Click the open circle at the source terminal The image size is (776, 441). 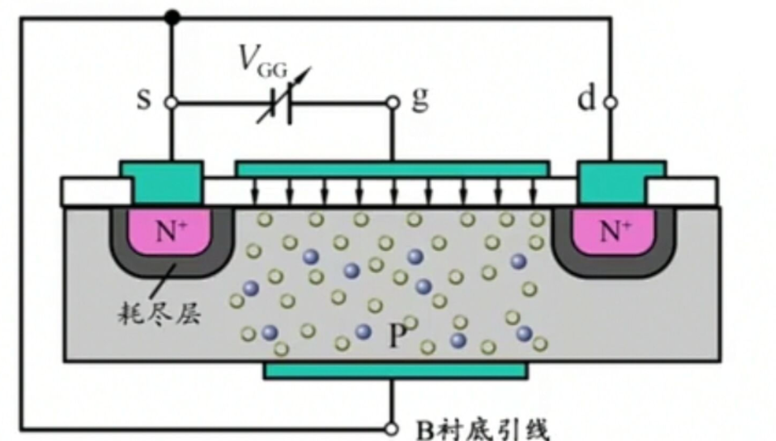click(x=170, y=103)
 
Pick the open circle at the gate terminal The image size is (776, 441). click(x=392, y=103)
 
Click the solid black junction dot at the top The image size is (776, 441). click(x=171, y=17)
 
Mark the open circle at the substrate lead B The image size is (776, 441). click(x=392, y=429)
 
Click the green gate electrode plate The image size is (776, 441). click(x=391, y=169)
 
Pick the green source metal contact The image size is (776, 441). click(x=163, y=181)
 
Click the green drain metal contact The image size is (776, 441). click(x=620, y=181)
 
